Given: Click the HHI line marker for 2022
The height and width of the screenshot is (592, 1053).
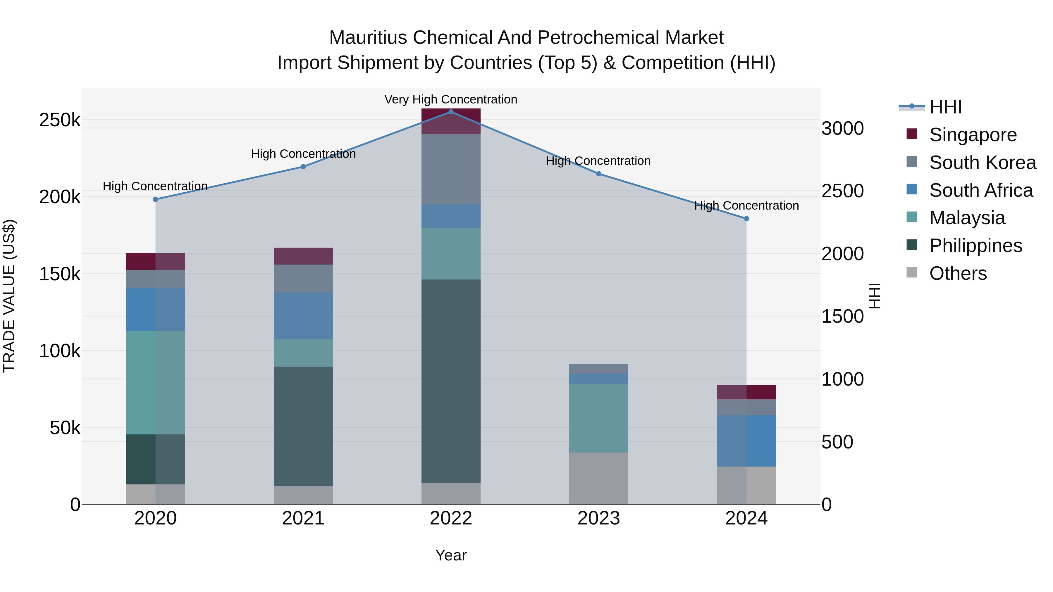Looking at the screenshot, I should [451, 112].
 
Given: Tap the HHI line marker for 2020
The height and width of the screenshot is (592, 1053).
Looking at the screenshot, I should [155, 199].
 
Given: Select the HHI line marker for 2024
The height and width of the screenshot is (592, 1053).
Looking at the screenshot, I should [746, 219].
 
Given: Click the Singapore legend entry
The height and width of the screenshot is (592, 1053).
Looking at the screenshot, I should [973, 135].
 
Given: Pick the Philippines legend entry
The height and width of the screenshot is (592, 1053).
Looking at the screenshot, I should [975, 246].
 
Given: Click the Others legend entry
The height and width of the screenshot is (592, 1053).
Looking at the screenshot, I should [958, 273].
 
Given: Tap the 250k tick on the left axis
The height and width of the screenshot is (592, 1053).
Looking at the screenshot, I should [60, 120].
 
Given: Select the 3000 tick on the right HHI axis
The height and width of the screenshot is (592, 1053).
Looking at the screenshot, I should [842, 129].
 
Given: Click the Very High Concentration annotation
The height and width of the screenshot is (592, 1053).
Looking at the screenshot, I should [450, 100].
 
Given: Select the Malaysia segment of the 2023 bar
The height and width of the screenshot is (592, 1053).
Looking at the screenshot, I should [598, 418].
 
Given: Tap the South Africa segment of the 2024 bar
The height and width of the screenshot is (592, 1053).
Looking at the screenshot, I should [746, 441].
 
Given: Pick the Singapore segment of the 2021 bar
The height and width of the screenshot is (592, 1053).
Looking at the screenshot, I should [303, 256].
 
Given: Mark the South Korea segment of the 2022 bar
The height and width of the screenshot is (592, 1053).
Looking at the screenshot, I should [451, 169].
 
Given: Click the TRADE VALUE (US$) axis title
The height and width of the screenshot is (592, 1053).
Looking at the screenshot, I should [9, 296].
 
